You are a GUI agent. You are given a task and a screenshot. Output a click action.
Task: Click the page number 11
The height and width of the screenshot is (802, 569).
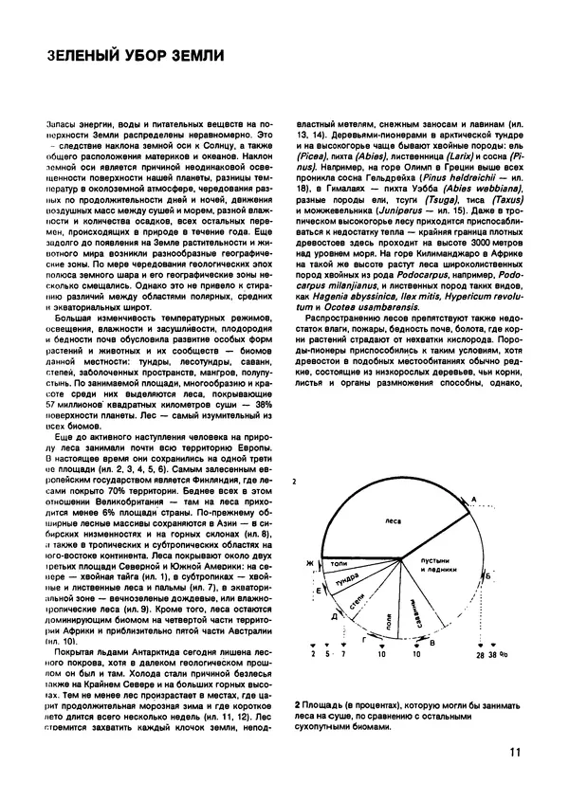pos(514,754)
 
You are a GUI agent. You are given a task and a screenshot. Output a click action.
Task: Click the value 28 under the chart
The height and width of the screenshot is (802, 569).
pos(480,682)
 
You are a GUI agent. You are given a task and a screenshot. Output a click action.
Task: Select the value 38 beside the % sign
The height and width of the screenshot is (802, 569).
pos(493,682)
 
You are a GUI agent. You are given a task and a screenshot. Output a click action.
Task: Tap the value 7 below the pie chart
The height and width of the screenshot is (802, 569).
pos(329,682)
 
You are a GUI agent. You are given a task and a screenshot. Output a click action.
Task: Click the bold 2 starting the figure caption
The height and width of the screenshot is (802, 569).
pos(298,708)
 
